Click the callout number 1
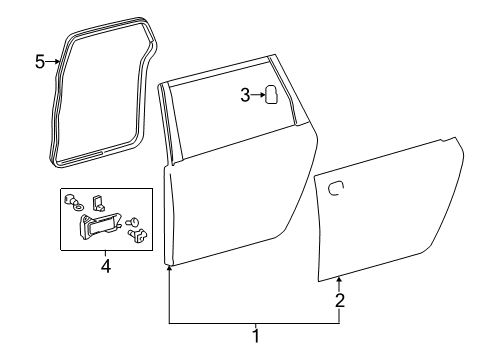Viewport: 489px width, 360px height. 255,336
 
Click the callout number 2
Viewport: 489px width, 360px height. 340,299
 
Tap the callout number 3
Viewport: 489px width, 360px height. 244,95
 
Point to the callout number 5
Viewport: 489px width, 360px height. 40,62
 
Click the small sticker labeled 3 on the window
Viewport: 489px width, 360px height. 270,95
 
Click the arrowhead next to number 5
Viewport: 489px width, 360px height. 57,62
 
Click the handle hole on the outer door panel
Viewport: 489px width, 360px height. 336,185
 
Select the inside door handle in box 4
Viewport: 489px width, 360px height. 101,229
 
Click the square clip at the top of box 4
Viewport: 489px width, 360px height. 98,204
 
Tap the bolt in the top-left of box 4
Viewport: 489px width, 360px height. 68,200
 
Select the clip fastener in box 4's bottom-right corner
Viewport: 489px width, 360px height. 140,235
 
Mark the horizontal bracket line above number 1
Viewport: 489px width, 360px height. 255,323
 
